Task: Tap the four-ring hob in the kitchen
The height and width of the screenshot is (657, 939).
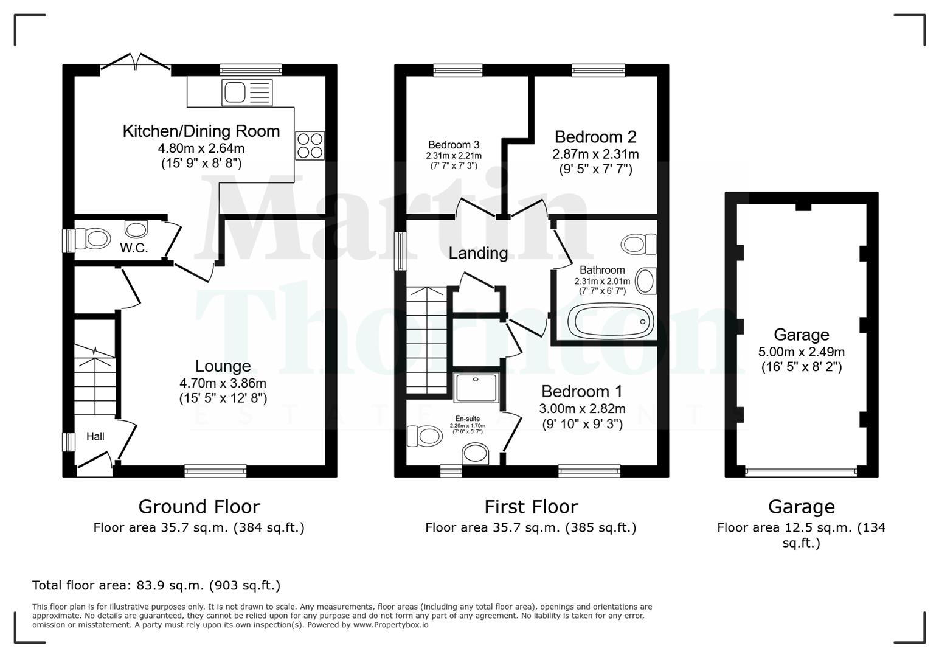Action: click(310, 146)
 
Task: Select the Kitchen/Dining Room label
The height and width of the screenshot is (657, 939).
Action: click(201, 131)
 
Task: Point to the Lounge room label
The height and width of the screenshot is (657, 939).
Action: click(223, 366)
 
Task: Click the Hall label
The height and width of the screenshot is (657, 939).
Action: click(95, 436)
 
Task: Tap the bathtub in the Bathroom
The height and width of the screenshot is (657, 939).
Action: click(610, 321)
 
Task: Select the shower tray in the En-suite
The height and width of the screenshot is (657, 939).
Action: click(476, 388)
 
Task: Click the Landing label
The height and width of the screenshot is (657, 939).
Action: click(478, 253)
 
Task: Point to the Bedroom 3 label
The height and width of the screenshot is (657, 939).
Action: click(453, 145)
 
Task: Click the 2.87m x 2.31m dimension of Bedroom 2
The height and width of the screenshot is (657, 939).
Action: click(595, 155)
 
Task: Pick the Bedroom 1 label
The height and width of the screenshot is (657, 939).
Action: click(581, 391)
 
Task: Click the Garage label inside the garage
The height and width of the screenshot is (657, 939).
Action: click(801, 335)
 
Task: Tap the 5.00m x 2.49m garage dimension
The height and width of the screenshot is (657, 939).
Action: click(801, 352)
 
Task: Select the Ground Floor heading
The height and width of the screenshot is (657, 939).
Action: click(199, 507)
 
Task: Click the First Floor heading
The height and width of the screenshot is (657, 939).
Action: click(530, 507)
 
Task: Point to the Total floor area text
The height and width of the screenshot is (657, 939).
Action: click(156, 585)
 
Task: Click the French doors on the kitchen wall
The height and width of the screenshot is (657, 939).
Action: click(136, 63)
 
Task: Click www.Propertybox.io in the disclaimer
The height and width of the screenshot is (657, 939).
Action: click(390, 625)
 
